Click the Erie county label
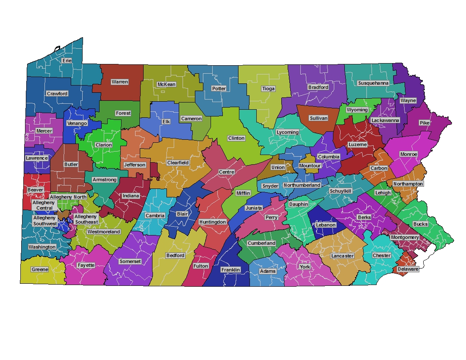tap(67, 61)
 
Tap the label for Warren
tap(120, 82)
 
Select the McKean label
tap(166, 84)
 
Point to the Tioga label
tap(268, 89)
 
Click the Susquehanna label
tap(373, 83)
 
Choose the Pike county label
tap(424, 123)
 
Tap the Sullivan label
tap(318, 118)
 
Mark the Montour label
tap(310, 166)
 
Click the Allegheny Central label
tap(44, 205)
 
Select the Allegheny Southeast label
tap(86, 219)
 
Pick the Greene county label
tap(40, 269)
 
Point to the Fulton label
tap(201, 266)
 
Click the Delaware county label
tap(408, 269)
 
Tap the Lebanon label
tap(326, 225)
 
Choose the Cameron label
tap(191, 119)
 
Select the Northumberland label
tap(302, 185)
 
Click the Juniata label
tap(254, 208)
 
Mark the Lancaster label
tap(342, 256)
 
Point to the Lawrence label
tap(37, 158)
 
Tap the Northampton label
tap(408, 184)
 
